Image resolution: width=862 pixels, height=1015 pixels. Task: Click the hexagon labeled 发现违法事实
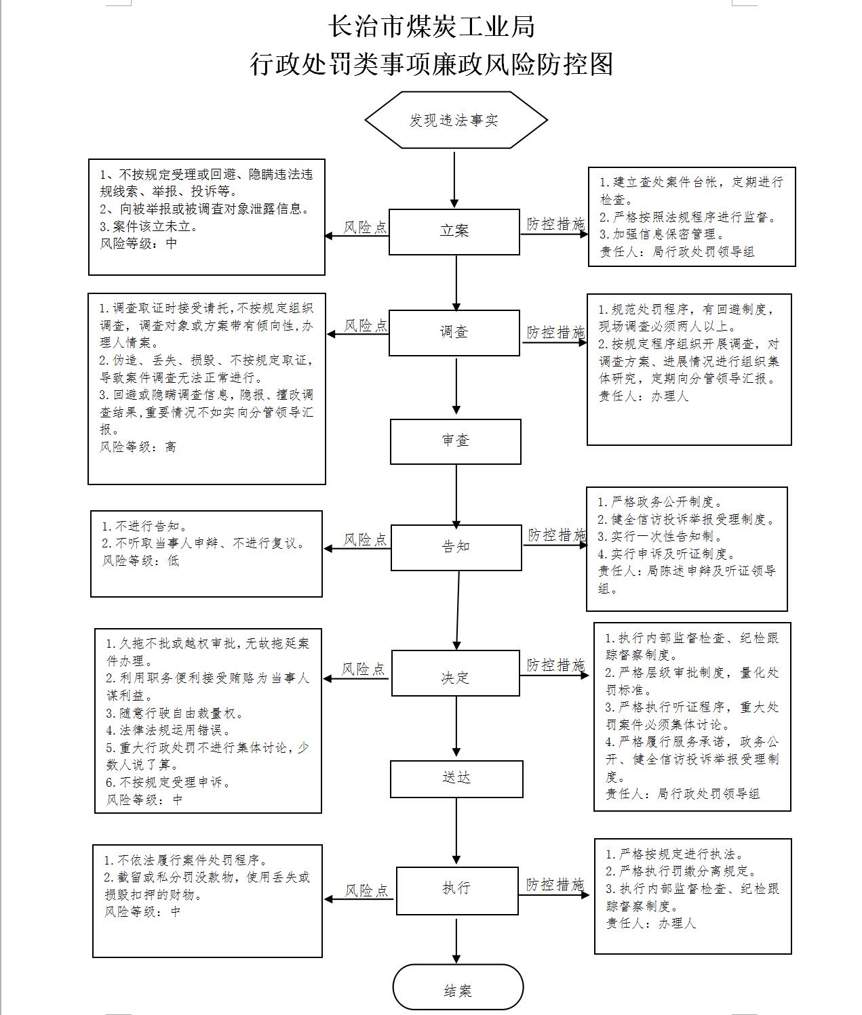pyautogui.click(x=456, y=120)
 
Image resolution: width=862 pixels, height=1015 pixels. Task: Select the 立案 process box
pyautogui.click(x=454, y=232)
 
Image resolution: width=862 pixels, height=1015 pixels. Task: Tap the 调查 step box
pyautogui.click(x=454, y=333)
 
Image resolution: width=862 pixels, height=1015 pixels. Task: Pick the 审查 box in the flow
pyautogui.click(x=456, y=442)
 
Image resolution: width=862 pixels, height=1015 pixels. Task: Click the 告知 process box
pyautogui.click(x=456, y=547)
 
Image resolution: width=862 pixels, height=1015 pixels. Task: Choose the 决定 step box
pyautogui.click(x=456, y=674)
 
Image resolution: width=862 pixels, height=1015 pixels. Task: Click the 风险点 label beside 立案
pyautogui.click(x=365, y=228)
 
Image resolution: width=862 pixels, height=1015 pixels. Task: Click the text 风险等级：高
pyautogui.click(x=138, y=447)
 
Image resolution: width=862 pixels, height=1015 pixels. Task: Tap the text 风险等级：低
pyautogui.click(x=140, y=560)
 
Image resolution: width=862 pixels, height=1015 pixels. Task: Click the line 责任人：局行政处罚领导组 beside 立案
pyautogui.click(x=677, y=252)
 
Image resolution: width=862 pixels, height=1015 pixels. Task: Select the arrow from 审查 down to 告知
pyautogui.click(x=456, y=497)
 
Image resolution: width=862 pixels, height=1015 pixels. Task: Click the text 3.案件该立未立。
pyautogui.click(x=149, y=226)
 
